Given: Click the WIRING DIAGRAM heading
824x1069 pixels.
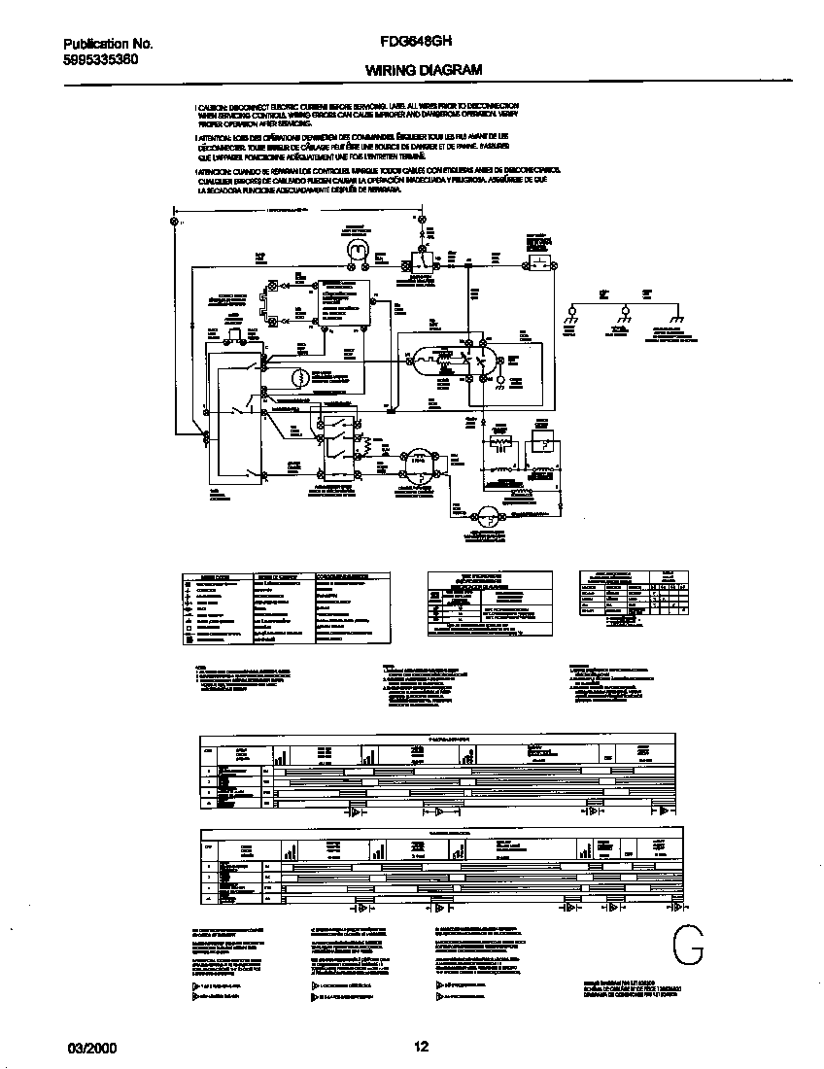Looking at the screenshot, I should (423, 70).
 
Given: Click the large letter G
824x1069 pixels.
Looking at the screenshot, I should (686, 946).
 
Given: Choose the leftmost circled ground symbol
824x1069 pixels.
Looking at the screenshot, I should (572, 313).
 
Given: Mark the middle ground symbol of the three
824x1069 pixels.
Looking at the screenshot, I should (624, 313).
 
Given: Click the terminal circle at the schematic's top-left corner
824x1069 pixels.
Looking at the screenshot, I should (175, 223).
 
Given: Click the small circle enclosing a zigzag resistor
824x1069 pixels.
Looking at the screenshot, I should (301, 376).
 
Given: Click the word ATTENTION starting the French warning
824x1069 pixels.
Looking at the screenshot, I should (215, 138).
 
